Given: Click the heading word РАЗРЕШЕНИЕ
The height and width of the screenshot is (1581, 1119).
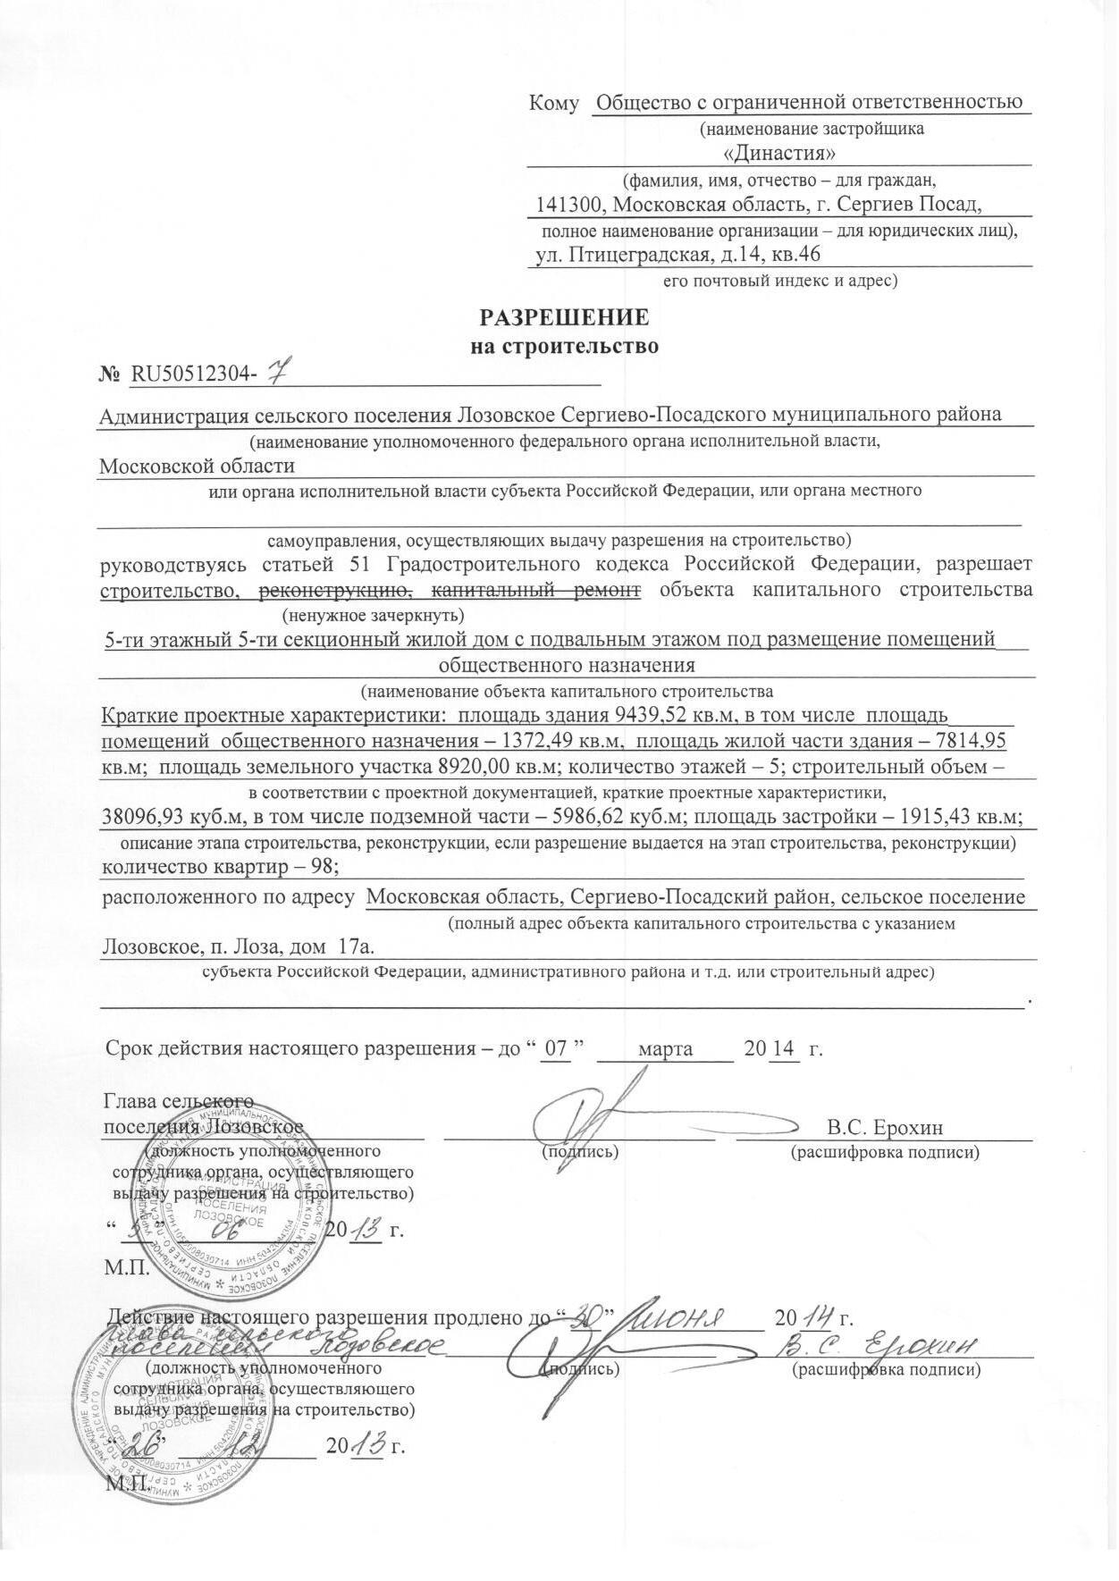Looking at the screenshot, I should [x=565, y=318].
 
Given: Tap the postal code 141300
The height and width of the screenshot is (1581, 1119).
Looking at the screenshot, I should [x=568, y=205].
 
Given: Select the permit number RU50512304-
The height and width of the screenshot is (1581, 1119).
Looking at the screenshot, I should [x=192, y=375].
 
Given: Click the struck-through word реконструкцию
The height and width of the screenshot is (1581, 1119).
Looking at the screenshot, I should [x=334, y=590].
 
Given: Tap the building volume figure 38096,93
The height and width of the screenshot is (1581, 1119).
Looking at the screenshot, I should [x=145, y=817].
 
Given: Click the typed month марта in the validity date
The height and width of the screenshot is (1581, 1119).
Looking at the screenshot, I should [x=666, y=1048].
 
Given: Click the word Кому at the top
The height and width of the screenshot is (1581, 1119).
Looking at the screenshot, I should [x=554, y=104].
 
